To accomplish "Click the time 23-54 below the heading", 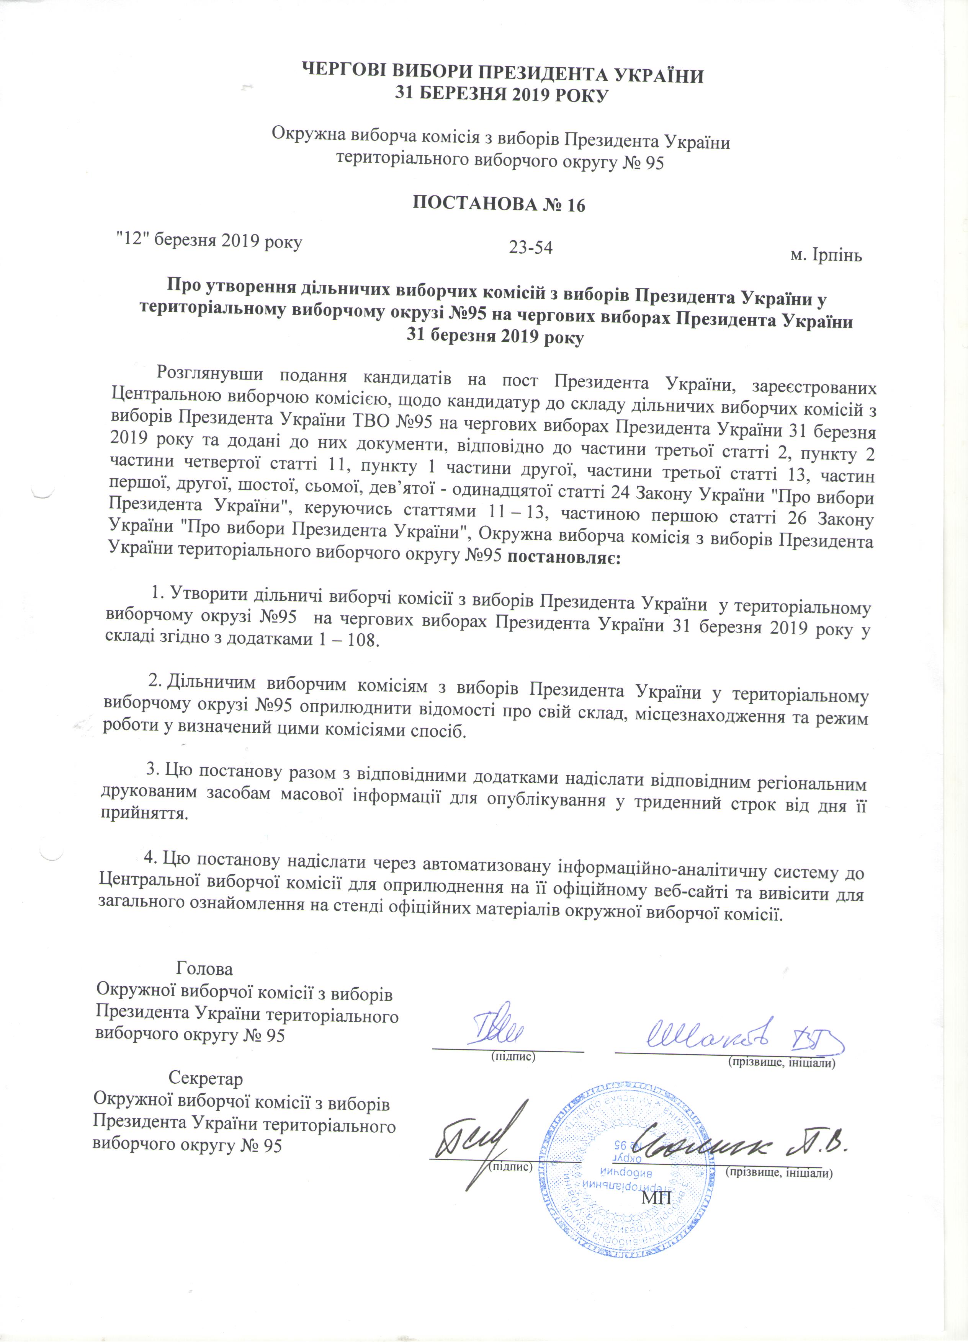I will (x=530, y=247).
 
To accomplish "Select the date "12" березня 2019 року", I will (x=208, y=241).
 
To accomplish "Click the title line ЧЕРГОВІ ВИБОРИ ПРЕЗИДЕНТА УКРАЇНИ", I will (x=503, y=76).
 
